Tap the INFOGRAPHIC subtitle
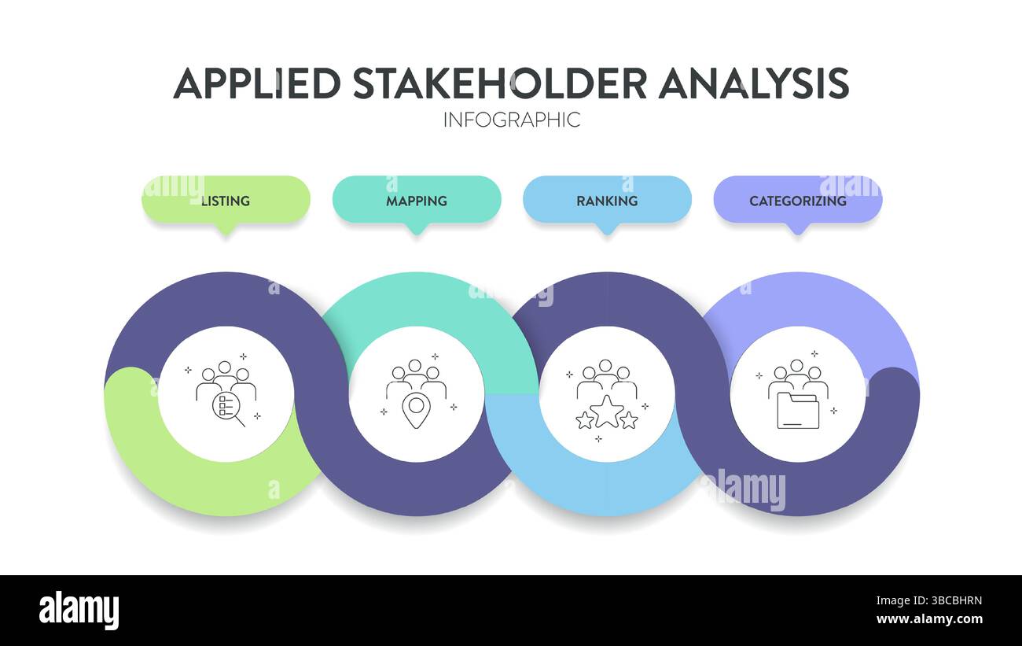pos(511,120)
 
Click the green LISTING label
pos(226,201)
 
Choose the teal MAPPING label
pos(416,201)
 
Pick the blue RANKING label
pos(606,201)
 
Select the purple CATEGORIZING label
pos(797,201)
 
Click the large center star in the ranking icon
pos(607,412)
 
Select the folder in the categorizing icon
pos(797,411)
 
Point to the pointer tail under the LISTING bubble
pos(226,229)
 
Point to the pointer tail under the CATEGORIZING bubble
pos(798,229)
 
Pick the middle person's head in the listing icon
pos(226,367)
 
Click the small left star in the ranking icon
pos(584,420)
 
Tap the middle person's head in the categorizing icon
pos(797,366)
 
